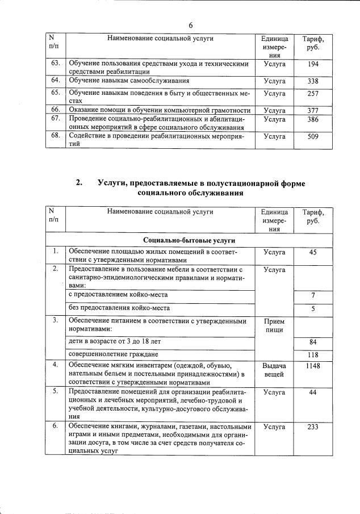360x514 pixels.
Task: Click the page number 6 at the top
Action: click(x=191, y=26)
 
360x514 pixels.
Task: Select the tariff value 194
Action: click(x=312, y=65)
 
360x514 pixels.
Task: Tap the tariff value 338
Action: click(x=312, y=81)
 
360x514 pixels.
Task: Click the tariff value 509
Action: click(x=312, y=136)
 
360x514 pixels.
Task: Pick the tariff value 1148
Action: click(x=313, y=366)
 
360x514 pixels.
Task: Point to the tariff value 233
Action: click(x=313, y=427)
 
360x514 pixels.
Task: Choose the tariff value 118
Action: click(x=313, y=356)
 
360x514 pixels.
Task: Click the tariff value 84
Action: click(x=313, y=342)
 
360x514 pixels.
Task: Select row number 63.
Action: click(x=56, y=65)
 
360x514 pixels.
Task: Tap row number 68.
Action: click(x=56, y=136)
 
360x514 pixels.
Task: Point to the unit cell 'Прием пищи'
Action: click(x=274, y=325)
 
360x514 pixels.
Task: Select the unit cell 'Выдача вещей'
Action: click(x=274, y=370)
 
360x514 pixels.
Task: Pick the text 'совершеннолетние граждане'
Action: click(x=112, y=354)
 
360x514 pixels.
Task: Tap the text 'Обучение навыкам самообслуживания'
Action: click(x=129, y=81)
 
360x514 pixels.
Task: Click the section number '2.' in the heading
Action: click(x=79, y=183)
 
